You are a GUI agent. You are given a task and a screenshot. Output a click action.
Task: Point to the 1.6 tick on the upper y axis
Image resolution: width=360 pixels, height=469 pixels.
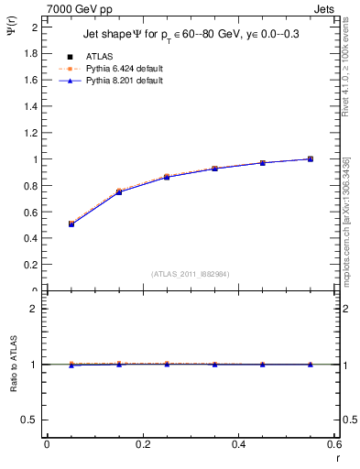(31, 80)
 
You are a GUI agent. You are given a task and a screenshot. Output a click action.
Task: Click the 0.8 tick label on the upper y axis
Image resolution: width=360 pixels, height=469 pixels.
(31, 186)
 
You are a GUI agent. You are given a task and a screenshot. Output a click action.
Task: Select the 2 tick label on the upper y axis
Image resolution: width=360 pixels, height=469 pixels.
(35, 27)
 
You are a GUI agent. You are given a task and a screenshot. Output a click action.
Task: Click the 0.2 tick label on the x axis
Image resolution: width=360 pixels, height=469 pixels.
(142, 444)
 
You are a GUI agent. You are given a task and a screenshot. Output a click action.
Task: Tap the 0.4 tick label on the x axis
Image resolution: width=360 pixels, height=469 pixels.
(238, 444)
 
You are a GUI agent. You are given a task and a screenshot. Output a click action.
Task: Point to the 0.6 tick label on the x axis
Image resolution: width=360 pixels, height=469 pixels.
(333, 444)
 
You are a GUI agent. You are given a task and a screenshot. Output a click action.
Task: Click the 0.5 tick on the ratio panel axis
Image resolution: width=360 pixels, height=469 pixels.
(31, 420)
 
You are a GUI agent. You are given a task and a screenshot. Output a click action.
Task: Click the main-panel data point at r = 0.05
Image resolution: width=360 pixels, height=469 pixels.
(71, 224)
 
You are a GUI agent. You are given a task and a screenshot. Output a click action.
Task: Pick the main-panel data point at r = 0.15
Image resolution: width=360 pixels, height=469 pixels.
(119, 191)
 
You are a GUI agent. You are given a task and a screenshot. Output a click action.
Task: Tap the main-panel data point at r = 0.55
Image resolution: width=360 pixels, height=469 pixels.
(311, 158)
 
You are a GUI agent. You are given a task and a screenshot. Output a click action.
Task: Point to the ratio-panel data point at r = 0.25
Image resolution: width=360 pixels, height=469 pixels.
(167, 364)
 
